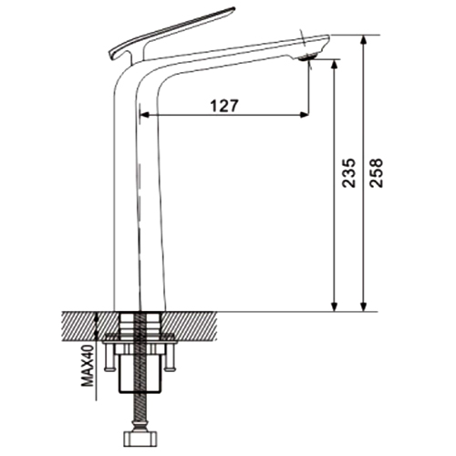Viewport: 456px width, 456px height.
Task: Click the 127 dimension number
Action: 224,106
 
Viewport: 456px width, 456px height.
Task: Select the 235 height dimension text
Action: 348,172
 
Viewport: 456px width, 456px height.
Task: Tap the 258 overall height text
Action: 377,172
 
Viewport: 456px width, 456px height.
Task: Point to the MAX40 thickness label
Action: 88,366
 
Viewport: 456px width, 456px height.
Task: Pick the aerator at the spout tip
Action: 308,57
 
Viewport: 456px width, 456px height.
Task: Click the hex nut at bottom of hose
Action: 141,439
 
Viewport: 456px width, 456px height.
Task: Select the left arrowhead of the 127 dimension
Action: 145,115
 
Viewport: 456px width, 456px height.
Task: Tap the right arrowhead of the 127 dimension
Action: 305,115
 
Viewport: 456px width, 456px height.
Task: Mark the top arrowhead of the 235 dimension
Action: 335,64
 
